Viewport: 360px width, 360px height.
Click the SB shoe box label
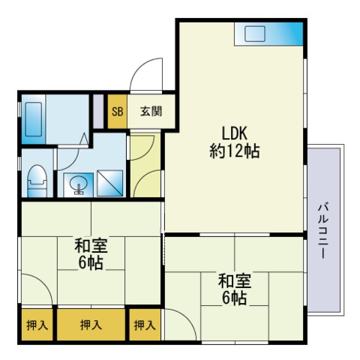(x=117, y=112)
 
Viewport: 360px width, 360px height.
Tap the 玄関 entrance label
(x=151, y=112)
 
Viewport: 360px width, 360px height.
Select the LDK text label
(x=235, y=133)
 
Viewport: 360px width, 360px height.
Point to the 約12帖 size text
(x=235, y=151)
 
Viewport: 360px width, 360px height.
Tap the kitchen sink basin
(x=255, y=34)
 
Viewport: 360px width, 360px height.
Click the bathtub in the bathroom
(x=34, y=119)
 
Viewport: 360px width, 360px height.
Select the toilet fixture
(x=37, y=181)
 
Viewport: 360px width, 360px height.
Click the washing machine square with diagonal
(x=110, y=183)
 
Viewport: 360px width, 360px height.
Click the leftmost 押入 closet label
(x=37, y=325)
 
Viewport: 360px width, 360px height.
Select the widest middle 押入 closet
(x=91, y=325)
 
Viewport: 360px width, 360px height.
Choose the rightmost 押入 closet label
(x=145, y=325)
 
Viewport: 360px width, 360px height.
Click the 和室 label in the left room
(x=91, y=245)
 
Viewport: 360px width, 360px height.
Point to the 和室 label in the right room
(x=235, y=280)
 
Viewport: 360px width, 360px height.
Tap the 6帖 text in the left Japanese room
(x=91, y=262)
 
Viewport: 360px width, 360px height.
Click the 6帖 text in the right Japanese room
(x=235, y=298)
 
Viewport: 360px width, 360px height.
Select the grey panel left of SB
(x=98, y=111)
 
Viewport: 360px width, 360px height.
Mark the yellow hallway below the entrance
(x=145, y=166)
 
